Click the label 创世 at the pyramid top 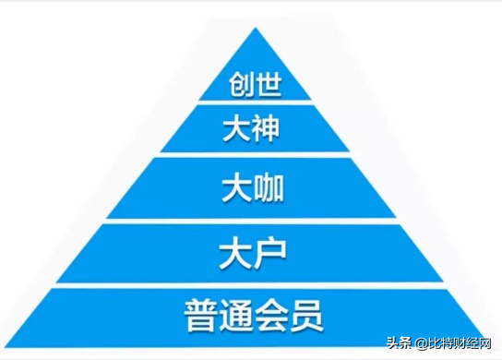pos(254,86)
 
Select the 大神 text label pos(251,130)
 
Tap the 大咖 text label pos(252,189)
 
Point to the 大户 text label pos(252,252)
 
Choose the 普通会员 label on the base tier pos(253,315)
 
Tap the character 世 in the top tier pos(269,86)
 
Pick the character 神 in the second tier pos(266,130)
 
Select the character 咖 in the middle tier pos(268,189)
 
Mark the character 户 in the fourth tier pos(268,252)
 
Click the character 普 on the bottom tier pos(199,315)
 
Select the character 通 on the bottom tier pos(234,315)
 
